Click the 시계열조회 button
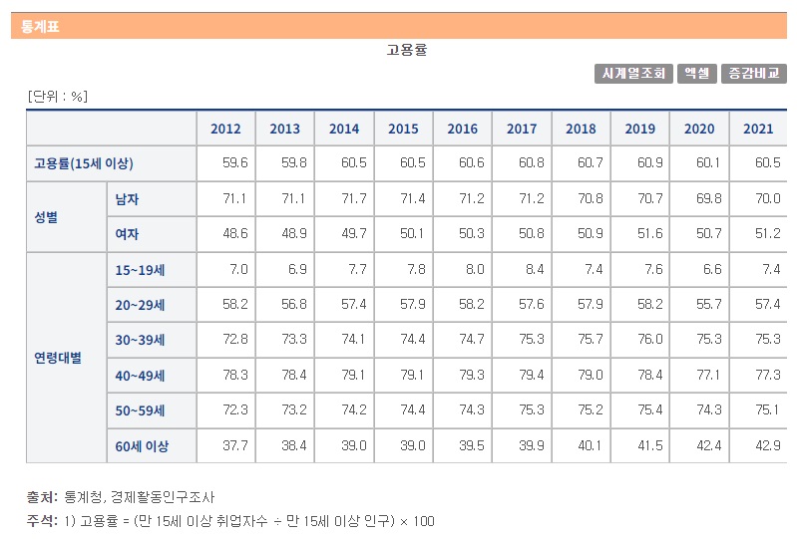point(633,73)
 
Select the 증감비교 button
point(753,73)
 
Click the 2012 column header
point(225,129)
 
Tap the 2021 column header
point(758,129)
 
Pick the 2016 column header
point(463,129)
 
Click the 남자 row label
point(127,199)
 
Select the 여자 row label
point(127,234)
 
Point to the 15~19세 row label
point(139,270)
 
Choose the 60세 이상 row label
point(142,446)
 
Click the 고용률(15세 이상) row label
point(83,163)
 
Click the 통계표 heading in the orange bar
point(40,27)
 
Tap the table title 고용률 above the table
point(406,50)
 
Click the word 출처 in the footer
point(41,496)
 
